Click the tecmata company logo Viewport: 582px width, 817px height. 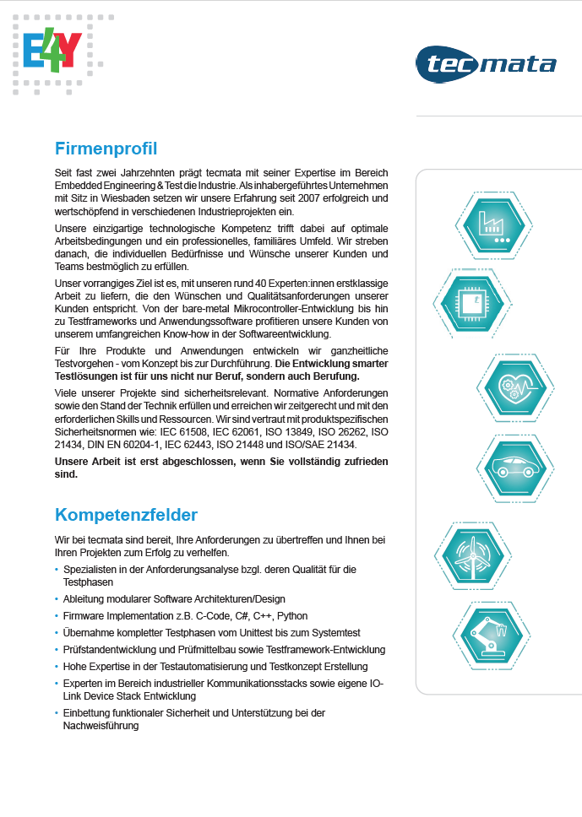click(486, 65)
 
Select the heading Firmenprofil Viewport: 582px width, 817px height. click(106, 149)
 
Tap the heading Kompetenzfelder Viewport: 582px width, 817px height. click(126, 514)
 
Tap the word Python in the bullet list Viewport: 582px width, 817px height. click(292, 616)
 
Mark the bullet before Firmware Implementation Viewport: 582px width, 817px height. click(57, 616)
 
